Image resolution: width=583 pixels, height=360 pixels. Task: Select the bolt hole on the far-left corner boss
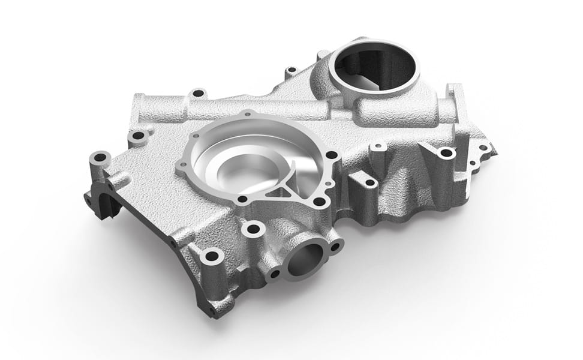click(x=100, y=158)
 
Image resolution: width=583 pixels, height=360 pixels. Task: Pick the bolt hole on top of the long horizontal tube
click(x=197, y=94)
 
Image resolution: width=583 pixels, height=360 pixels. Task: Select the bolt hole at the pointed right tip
click(x=483, y=148)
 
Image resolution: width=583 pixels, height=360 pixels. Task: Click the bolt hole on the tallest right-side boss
click(x=446, y=153)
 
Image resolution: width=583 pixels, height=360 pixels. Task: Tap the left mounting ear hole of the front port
click(x=275, y=274)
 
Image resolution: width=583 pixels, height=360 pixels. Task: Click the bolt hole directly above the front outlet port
click(x=253, y=229)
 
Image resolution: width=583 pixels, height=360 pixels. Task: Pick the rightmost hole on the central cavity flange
click(x=330, y=155)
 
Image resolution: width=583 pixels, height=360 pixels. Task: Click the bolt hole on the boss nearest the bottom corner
click(x=211, y=256)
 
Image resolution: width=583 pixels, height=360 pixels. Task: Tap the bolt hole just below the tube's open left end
click(x=139, y=136)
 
